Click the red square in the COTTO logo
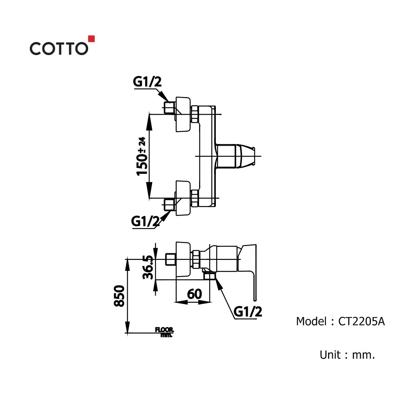click(92, 39)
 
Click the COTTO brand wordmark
click(58, 49)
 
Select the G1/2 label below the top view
click(145, 222)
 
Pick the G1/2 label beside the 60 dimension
click(248, 312)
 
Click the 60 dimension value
click(195, 293)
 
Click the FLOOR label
click(164, 329)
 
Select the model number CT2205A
click(361, 322)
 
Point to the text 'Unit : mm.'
click(347, 355)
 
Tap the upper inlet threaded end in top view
click(169, 109)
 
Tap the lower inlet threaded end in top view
click(169, 204)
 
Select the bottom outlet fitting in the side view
click(210, 276)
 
